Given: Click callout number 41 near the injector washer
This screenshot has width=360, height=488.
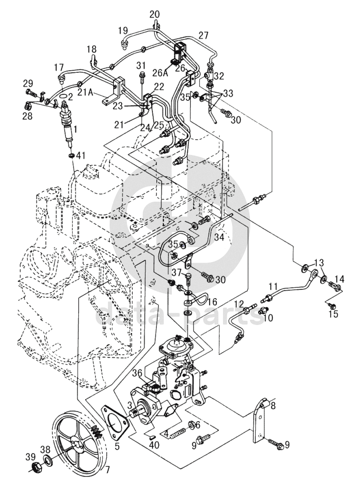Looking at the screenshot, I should tap(81, 155).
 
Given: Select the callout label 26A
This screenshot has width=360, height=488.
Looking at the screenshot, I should tap(160, 73).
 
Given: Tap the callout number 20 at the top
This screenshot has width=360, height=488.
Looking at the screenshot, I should tap(154, 14).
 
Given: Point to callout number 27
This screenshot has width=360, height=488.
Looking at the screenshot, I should tap(204, 35).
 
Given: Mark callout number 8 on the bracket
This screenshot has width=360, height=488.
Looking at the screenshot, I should tap(273, 406).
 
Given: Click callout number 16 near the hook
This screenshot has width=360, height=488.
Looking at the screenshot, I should tap(211, 301).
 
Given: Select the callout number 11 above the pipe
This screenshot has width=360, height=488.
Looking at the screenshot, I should tap(273, 285).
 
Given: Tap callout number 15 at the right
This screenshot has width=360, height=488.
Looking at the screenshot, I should tap(333, 313).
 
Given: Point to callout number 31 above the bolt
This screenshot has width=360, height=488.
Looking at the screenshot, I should tap(142, 65).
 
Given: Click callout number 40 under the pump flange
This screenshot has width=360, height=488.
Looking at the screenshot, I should tap(155, 445).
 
